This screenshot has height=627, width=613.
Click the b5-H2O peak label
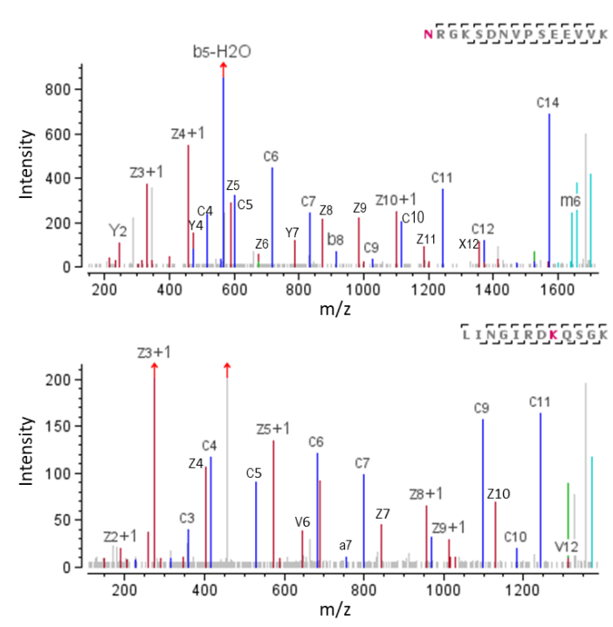click(x=222, y=52)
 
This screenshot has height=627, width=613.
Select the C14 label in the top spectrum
click(x=548, y=103)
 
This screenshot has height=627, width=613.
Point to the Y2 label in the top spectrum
click(x=119, y=230)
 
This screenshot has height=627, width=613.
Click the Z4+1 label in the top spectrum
click(x=187, y=133)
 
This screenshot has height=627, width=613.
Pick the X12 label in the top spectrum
click(x=469, y=243)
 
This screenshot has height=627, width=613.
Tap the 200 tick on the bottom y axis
click(x=58, y=380)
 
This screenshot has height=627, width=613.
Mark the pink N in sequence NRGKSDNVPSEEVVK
click(x=428, y=34)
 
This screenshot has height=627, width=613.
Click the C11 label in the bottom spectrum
click(x=541, y=402)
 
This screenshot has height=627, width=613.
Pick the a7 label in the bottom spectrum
click(x=346, y=545)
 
